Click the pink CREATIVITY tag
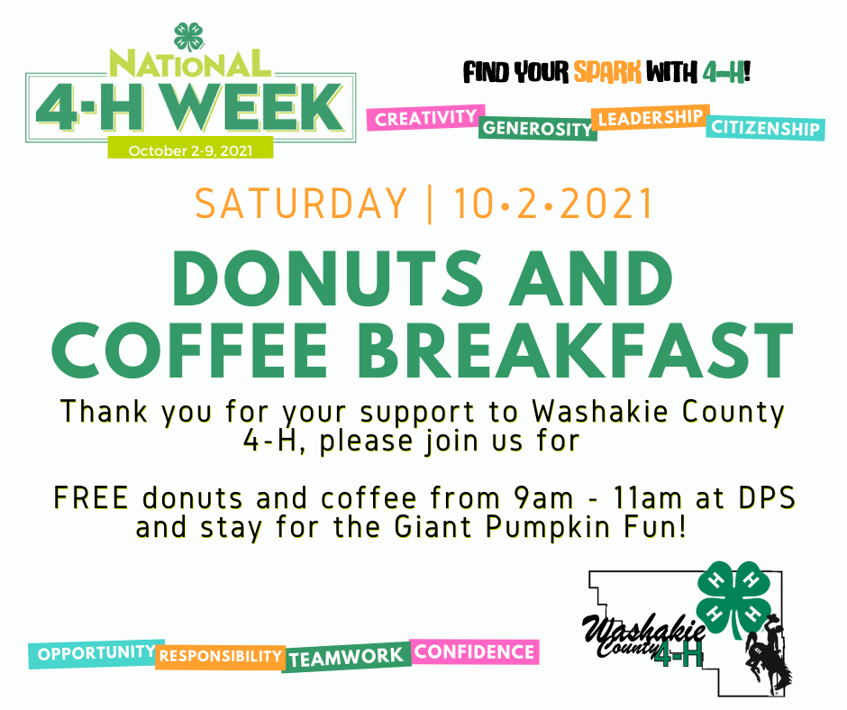pyautogui.click(x=425, y=118)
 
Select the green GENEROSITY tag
pyautogui.click(x=537, y=128)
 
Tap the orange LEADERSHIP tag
pyautogui.click(x=651, y=117)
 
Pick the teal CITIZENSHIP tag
pyautogui.click(x=765, y=128)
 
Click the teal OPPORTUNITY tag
pyautogui.click(x=96, y=654)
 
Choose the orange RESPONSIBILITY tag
pyautogui.click(x=221, y=657)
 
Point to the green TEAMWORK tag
pyautogui.click(x=346, y=657)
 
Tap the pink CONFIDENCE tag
pyautogui.click(x=474, y=651)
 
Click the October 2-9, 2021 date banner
pyautogui.click(x=190, y=150)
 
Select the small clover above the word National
pyautogui.click(x=188, y=37)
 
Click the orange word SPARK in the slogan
pyautogui.click(x=607, y=72)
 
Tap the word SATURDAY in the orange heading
pyautogui.click(x=301, y=204)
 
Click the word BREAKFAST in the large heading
pyautogui.click(x=575, y=350)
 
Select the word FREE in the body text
pyautogui.click(x=91, y=497)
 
